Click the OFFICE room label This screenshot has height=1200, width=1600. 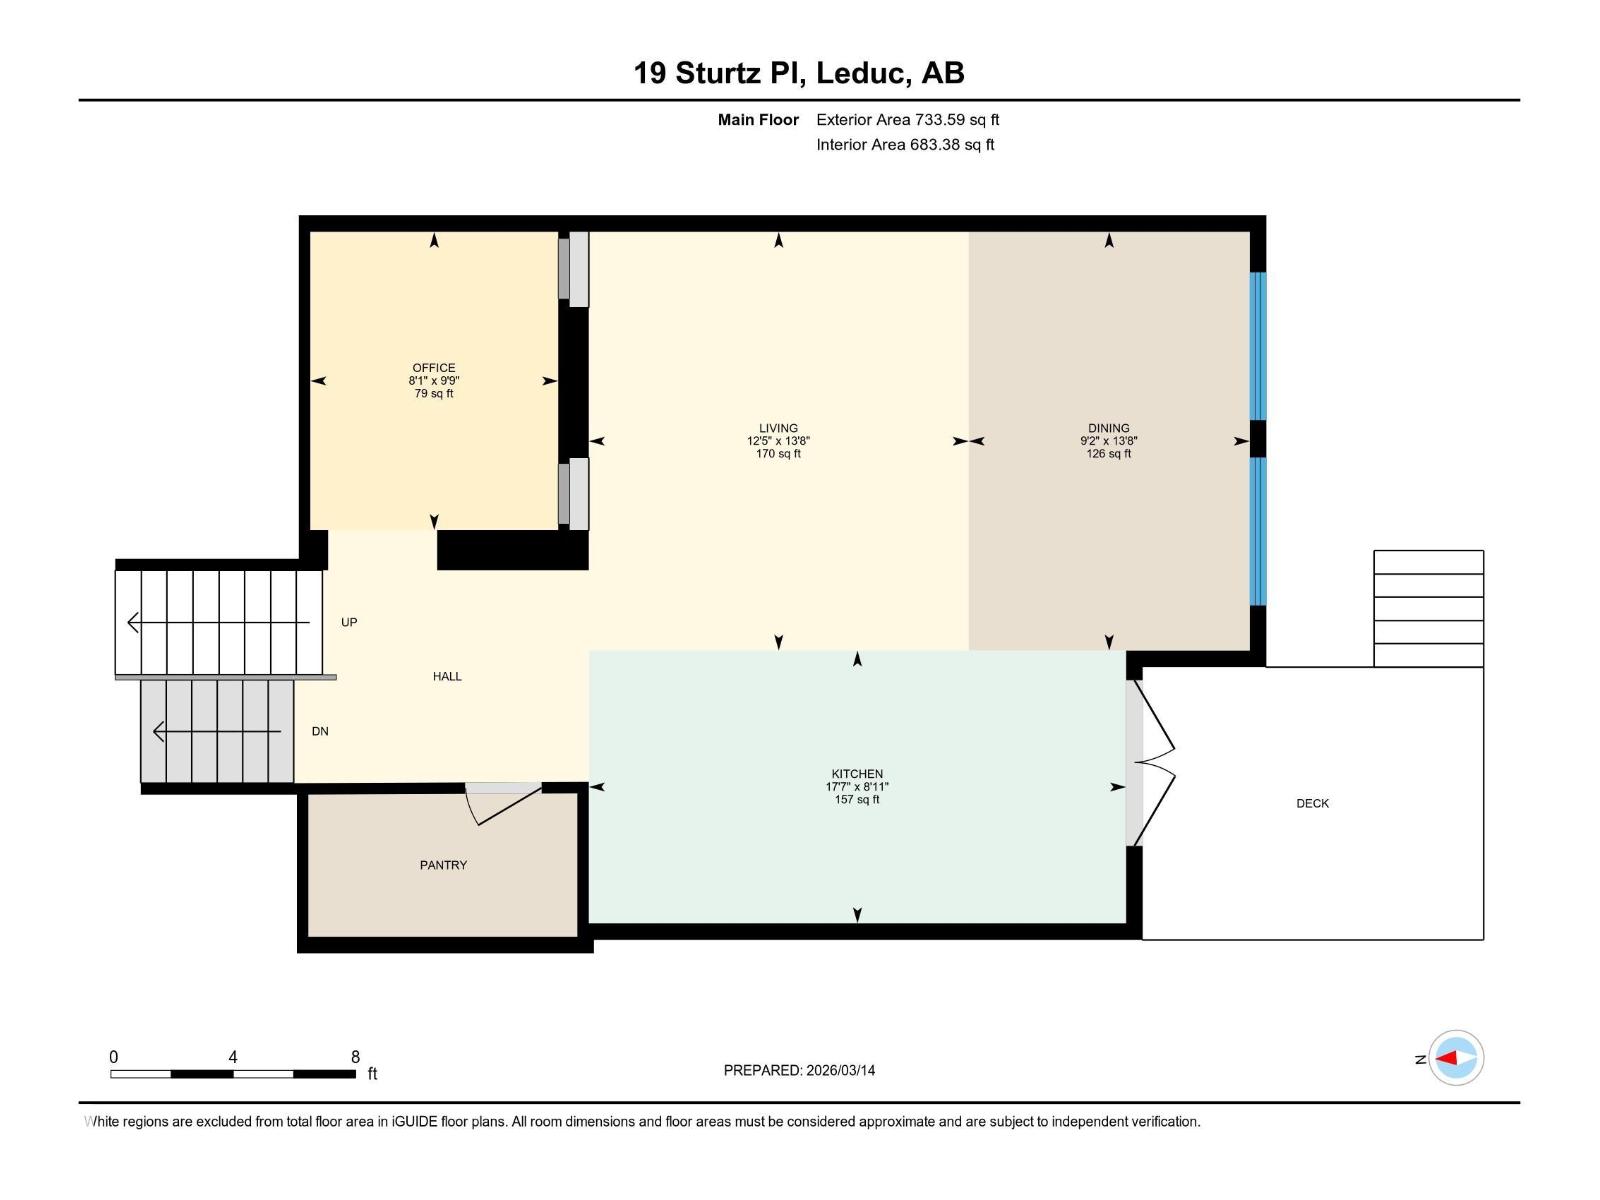pos(434,368)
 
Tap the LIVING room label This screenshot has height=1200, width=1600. pos(778,428)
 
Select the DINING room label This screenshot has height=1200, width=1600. pos(1108,428)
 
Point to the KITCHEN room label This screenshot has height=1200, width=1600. pos(856,774)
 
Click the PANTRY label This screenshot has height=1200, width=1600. pos(443,865)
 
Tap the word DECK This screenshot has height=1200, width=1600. pos(1312,803)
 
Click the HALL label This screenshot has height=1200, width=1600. pos(447,676)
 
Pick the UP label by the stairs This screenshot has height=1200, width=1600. pos(349,622)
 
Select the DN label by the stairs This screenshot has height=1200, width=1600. pos(320,731)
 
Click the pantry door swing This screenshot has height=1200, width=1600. pos(503,805)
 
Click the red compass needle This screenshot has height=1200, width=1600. pos(1447,1058)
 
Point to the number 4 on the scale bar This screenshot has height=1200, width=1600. pos(233,1056)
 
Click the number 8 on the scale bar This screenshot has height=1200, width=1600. pos(355,1056)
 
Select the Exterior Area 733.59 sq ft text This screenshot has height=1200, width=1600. pos(908,119)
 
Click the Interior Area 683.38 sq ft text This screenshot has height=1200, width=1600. pos(905,144)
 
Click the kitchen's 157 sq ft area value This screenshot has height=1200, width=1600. pos(856,799)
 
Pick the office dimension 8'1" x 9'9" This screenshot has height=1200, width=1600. pos(434,380)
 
